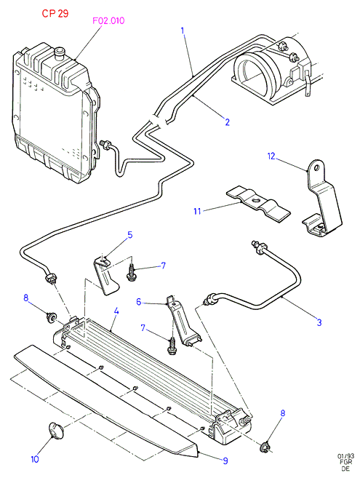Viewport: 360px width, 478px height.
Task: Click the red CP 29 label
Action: [x=55, y=13]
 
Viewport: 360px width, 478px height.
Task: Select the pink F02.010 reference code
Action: [x=108, y=20]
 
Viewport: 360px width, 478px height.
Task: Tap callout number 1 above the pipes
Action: [x=183, y=31]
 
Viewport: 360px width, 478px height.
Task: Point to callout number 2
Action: [x=227, y=122]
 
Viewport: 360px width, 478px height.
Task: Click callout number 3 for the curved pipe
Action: [x=319, y=322]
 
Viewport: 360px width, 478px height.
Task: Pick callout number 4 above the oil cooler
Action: [x=116, y=311]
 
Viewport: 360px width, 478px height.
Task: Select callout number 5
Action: [x=130, y=235]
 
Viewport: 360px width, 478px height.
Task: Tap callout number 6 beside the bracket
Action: [x=139, y=302]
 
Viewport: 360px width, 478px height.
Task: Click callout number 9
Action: [x=225, y=461]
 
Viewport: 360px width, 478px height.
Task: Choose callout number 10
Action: [x=35, y=459]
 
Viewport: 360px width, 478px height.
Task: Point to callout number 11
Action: [x=197, y=211]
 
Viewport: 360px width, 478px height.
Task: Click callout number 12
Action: [x=271, y=156]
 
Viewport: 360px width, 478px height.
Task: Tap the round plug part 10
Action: [x=57, y=430]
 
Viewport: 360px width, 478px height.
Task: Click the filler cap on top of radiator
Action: [x=59, y=52]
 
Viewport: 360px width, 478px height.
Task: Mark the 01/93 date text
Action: [x=345, y=456]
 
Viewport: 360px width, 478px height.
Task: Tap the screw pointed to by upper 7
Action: [x=132, y=273]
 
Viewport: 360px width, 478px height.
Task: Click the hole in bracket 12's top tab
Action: [x=317, y=167]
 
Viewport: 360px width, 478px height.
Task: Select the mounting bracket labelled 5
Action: [x=105, y=276]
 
